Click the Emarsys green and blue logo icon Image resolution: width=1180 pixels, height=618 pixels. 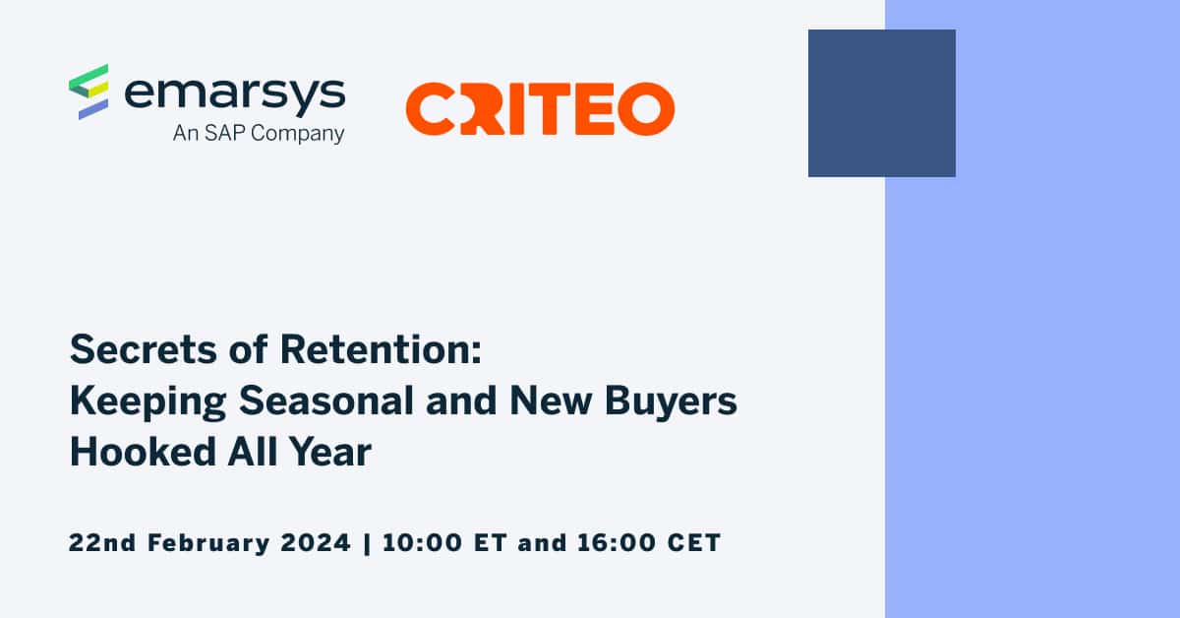(x=88, y=92)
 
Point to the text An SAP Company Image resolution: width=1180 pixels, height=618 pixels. (x=259, y=133)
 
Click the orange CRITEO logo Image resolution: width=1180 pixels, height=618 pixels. (x=540, y=108)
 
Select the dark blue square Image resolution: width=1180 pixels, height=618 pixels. (x=881, y=103)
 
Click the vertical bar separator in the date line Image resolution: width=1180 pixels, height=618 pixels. (x=368, y=542)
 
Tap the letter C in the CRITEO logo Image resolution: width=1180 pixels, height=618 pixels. (x=429, y=108)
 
